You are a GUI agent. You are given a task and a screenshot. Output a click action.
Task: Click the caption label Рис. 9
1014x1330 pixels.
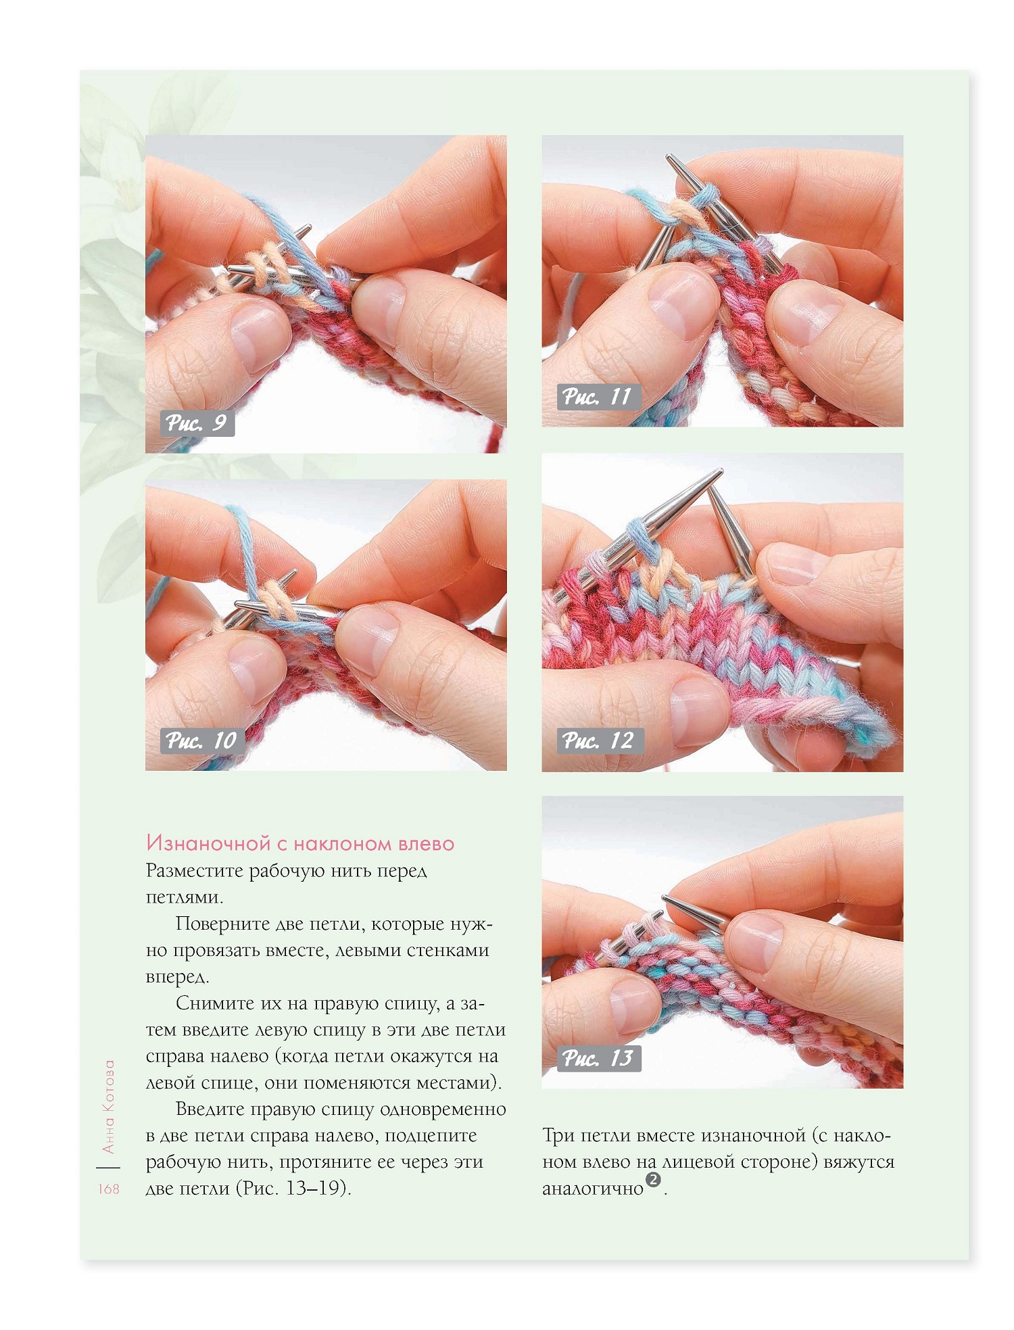tap(197, 423)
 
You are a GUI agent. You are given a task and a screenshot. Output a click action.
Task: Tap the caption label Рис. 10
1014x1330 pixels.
tap(201, 740)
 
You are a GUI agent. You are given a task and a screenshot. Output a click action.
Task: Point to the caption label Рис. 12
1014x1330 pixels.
tap(599, 740)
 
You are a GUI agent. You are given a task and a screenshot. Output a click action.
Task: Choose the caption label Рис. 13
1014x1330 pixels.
tap(598, 1058)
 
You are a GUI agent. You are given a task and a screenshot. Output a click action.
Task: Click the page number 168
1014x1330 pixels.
tap(108, 1189)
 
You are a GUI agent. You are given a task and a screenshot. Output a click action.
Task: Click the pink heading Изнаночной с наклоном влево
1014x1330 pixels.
tap(300, 843)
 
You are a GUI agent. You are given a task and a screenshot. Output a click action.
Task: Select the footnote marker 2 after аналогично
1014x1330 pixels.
tap(653, 1180)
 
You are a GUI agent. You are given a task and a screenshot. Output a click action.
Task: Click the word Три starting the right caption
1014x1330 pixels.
tap(559, 1135)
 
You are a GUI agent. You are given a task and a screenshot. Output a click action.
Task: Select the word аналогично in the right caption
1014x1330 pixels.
tap(593, 1189)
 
